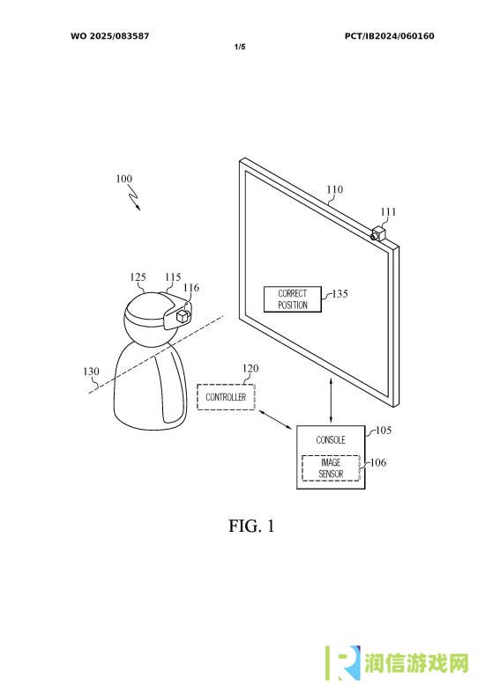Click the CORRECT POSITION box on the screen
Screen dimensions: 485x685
293,299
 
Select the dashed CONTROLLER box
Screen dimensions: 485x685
226,397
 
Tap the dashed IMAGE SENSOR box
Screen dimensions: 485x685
331,468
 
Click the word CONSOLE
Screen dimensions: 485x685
331,439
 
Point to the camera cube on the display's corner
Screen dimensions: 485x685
378,232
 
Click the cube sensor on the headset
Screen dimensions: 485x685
181,316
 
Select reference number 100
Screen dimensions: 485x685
123,179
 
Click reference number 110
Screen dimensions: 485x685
334,189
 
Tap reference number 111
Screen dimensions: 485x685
388,212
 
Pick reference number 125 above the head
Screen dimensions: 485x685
138,277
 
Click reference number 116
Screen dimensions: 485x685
190,287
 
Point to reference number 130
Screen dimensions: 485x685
91,372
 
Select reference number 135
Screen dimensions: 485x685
340,293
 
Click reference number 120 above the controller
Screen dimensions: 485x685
250,368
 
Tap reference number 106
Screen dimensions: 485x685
378,462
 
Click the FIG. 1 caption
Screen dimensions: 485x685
251,526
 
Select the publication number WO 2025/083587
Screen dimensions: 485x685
110,36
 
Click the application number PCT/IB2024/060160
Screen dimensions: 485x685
390,36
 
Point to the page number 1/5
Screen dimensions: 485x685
240,47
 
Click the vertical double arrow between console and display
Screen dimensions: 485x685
331,401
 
